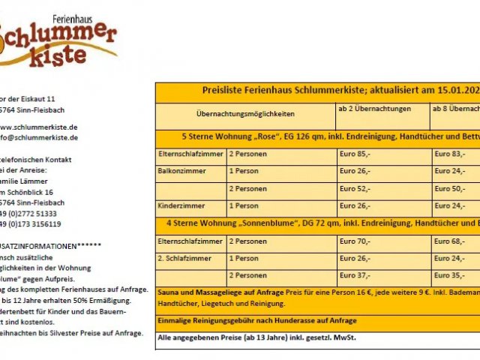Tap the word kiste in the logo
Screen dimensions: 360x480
75,57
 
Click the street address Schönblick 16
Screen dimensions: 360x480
33,192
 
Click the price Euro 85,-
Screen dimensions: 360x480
355,154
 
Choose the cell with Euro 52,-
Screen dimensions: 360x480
355,188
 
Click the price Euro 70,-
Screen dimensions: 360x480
355,241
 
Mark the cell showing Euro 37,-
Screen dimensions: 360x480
355,275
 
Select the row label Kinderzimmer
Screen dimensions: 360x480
179,205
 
